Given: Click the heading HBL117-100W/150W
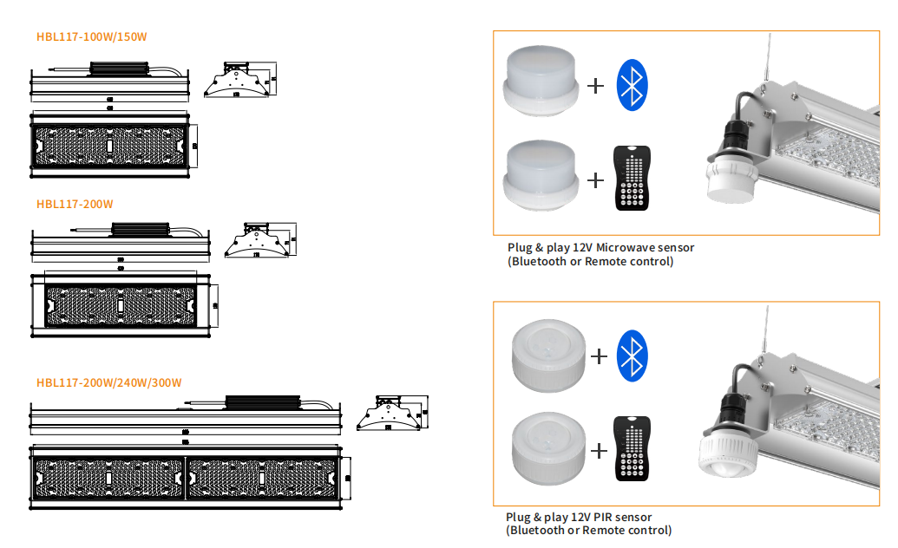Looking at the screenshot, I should tap(92, 36).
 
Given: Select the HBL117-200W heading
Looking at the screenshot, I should tap(75, 205).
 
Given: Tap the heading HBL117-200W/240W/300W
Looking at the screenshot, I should tap(108, 382).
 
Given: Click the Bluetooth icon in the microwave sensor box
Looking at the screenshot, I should tap(633, 85).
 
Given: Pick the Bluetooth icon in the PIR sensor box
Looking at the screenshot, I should tap(633, 356).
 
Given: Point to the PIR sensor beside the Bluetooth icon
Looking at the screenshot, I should tap(546, 355).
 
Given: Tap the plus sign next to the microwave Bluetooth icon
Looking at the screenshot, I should tap(595, 86).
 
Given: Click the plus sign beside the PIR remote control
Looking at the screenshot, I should tap(598, 450).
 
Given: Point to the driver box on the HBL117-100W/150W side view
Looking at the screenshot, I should tap(121, 67).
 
